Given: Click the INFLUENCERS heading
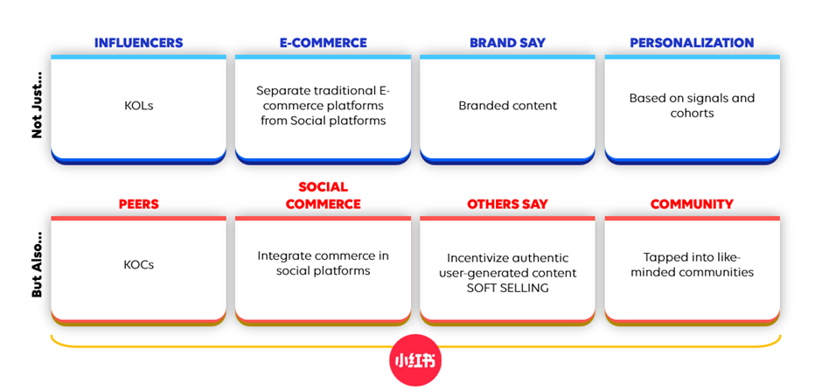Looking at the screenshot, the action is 138,43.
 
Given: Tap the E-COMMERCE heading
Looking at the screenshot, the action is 323,43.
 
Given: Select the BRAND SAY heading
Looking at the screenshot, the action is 507,43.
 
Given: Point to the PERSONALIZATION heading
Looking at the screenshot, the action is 692,43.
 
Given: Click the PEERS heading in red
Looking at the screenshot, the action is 138,204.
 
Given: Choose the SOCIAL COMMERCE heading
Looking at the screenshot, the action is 323,196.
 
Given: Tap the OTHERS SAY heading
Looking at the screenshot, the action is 507,204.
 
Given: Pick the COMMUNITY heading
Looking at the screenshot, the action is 692,204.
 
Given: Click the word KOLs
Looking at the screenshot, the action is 138,106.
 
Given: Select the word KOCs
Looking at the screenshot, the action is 138,265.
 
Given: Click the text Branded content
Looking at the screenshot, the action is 507,106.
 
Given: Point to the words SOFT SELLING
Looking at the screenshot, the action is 507,288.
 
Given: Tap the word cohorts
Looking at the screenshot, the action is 692,113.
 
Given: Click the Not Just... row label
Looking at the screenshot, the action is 37,112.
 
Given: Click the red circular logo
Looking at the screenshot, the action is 415,360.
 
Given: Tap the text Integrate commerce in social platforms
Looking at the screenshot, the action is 323,263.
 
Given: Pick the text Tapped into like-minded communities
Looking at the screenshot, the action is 692,265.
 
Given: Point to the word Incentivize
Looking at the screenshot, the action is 475,258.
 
